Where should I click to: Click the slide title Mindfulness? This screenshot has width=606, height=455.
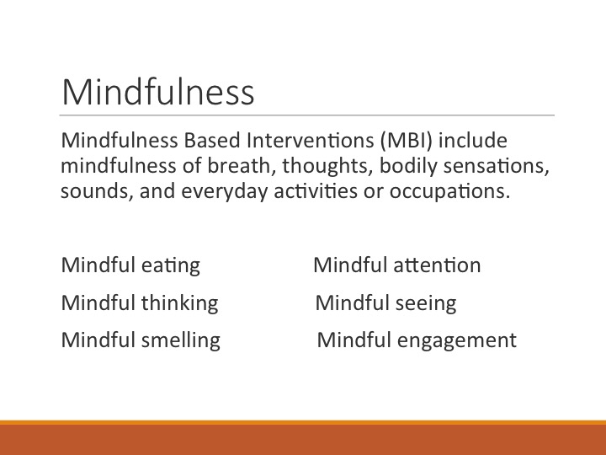(x=157, y=91)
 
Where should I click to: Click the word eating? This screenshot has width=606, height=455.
(x=172, y=266)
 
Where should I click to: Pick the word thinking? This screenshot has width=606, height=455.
(x=181, y=303)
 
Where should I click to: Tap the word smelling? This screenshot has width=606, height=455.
(x=182, y=340)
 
